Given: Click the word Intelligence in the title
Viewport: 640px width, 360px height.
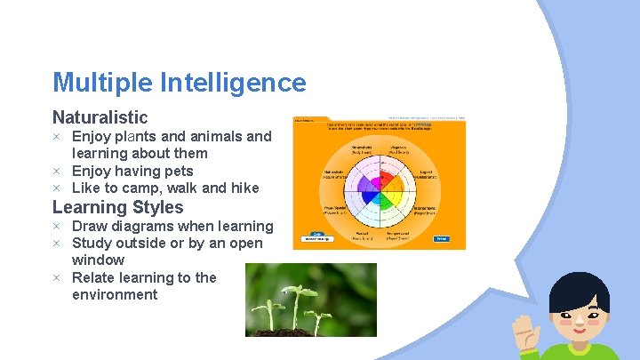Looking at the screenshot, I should (233, 84).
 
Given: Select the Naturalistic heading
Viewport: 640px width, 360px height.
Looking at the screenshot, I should (100, 117).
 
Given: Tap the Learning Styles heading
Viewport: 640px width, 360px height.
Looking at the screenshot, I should (117, 207).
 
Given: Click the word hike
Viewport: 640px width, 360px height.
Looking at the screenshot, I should (244, 188).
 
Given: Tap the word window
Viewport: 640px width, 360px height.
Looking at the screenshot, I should (98, 260).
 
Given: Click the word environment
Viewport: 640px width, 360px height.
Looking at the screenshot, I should (114, 294).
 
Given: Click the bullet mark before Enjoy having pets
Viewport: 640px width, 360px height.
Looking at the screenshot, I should (56, 171).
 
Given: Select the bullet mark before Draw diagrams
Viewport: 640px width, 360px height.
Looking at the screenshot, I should (56, 226).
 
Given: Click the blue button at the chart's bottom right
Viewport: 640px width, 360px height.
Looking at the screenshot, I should (441, 238).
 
